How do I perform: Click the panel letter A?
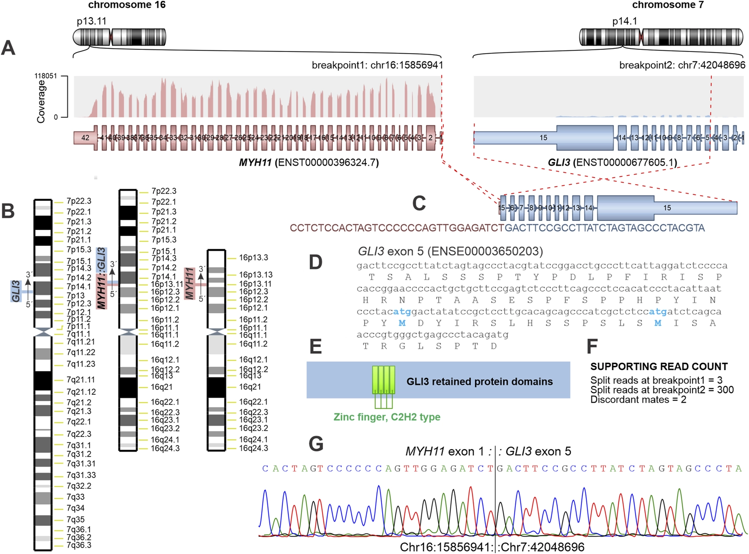click(8, 48)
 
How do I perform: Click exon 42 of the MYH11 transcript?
click(85, 138)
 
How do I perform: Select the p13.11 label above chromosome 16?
click(92, 21)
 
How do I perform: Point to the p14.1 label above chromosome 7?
click(624, 21)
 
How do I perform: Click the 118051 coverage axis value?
click(45, 76)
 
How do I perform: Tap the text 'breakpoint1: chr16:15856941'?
click(377, 65)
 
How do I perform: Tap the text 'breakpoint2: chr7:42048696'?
click(682, 65)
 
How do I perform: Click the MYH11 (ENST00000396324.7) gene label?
click(309, 162)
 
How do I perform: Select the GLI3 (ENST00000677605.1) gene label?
click(612, 162)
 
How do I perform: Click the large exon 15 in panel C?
click(667, 208)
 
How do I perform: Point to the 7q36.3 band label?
click(79, 545)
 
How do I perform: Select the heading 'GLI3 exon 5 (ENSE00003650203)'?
click(450, 251)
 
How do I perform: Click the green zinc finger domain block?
click(383, 380)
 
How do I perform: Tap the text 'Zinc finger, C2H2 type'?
click(387, 417)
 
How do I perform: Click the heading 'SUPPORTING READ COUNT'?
click(659, 367)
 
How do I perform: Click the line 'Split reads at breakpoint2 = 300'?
click(662, 390)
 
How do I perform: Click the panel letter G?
click(316, 444)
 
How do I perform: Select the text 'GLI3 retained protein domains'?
click(479, 382)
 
